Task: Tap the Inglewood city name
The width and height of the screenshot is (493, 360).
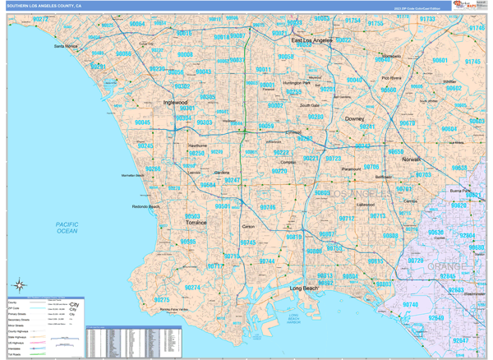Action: tap(176, 103)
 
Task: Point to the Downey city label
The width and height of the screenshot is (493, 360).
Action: tap(354, 118)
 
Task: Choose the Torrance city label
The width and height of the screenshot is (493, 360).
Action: tap(196, 222)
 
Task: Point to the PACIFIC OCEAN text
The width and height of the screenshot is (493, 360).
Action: tap(61, 228)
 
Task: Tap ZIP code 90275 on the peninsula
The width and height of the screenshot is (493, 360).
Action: tap(162, 300)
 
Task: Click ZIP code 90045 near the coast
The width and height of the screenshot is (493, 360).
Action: tap(142, 122)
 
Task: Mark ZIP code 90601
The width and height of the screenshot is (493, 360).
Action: tap(440, 61)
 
